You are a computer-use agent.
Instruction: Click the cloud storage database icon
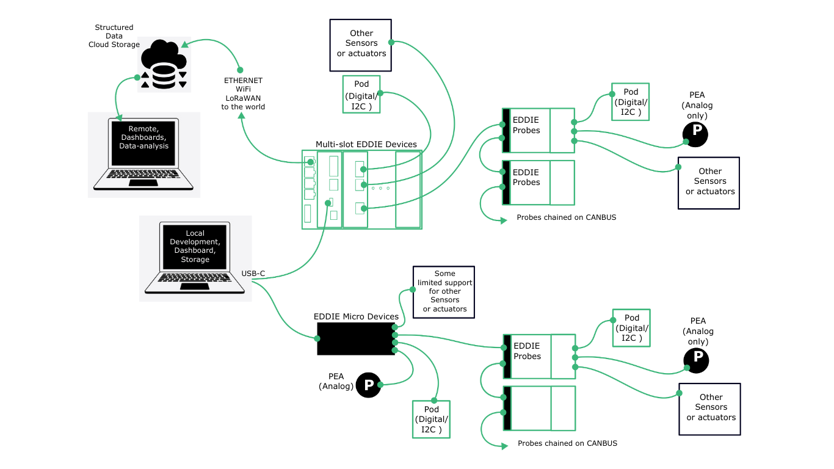point(164,65)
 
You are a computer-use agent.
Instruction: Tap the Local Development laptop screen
point(195,246)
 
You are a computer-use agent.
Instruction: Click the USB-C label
point(253,273)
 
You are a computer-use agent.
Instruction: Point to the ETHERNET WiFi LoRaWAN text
point(243,93)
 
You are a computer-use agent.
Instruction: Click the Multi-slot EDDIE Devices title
point(366,145)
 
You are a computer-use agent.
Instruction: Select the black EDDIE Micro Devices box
point(356,339)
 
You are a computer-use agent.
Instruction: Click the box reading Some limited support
point(444,291)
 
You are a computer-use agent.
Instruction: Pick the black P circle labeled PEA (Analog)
point(368,385)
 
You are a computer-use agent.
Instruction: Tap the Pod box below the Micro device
point(432,420)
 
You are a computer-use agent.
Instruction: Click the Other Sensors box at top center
point(360,44)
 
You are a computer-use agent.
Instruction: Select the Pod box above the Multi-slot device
point(361,93)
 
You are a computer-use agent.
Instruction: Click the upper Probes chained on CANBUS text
point(566,217)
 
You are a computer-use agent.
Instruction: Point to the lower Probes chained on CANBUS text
point(567,443)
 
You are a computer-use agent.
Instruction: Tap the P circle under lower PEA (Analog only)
point(697,360)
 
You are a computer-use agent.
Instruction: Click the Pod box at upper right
point(630,101)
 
